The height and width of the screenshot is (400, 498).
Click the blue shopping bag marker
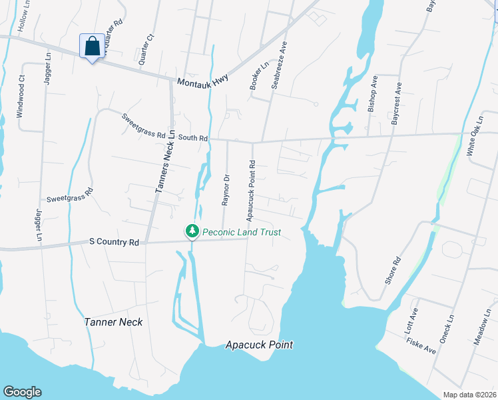(92, 47)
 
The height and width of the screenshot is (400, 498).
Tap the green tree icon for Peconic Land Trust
(192, 231)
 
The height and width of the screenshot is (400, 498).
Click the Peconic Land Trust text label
(242, 232)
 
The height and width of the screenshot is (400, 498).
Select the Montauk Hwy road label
(203, 79)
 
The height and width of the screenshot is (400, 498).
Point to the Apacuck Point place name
(259, 345)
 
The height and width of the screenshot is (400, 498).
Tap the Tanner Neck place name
(113, 322)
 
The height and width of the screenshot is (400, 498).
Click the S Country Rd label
(114, 243)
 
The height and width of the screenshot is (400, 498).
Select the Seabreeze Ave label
(278, 66)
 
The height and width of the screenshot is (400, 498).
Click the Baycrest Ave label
(397, 99)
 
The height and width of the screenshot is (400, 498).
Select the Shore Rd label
(393, 270)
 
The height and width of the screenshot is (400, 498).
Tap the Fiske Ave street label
(421, 345)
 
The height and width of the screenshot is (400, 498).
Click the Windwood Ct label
(21, 97)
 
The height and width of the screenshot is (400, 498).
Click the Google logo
(22, 392)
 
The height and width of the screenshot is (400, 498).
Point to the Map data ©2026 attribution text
(469, 395)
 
